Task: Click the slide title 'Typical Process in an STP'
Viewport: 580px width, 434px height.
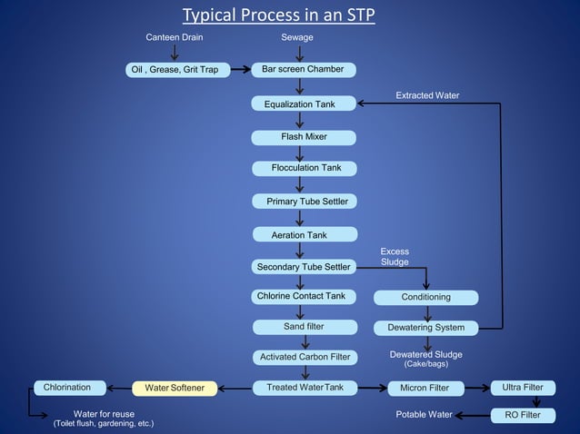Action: click(278, 15)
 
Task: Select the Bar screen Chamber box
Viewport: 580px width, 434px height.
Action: click(304, 70)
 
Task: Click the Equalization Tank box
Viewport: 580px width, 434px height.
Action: click(304, 104)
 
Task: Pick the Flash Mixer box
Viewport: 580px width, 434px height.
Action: click(304, 137)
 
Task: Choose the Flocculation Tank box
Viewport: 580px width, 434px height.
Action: click(304, 168)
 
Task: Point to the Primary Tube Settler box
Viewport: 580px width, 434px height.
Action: click(304, 201)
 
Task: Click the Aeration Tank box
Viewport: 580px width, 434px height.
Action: click(304, 235)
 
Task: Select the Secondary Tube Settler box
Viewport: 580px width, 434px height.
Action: click(304, 267)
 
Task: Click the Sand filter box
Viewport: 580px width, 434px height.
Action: click(304, 326)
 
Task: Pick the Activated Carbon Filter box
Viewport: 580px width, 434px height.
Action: click(304, 357)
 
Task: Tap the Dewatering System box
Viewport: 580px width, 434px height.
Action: click(425, 327)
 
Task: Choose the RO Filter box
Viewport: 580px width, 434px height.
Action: click(522, 416)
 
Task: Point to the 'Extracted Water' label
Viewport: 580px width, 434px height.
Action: click(427, 95)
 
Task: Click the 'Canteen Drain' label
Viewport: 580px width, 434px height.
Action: click(175, 37)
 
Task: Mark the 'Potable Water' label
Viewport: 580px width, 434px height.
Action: click(424, 415)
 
